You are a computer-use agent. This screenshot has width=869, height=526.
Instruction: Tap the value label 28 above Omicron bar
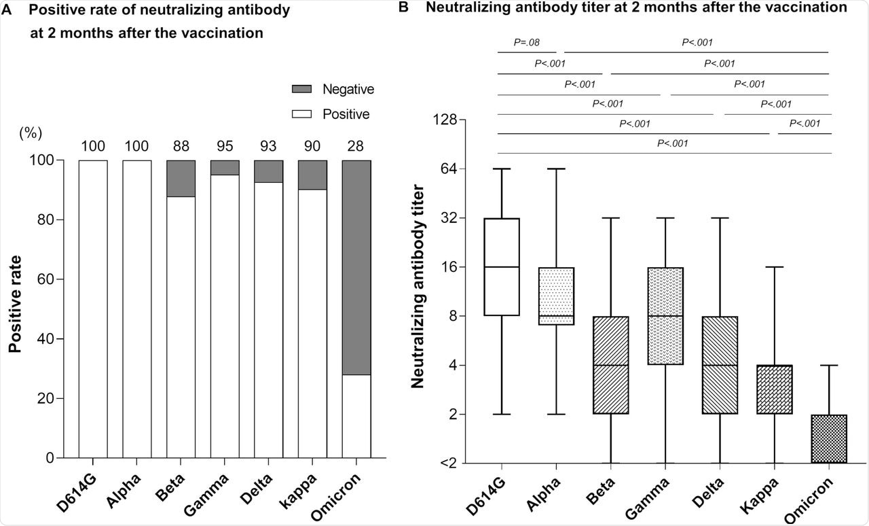356,145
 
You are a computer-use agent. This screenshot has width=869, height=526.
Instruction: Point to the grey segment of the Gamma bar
224,168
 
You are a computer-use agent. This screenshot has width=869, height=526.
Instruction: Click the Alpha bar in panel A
136,309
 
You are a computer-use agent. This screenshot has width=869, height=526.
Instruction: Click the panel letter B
403,8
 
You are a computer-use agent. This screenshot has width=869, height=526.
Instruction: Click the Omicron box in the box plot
829,439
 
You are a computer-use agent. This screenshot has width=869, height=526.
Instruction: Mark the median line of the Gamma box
665,316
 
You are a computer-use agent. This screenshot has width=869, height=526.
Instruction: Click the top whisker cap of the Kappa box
775,267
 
